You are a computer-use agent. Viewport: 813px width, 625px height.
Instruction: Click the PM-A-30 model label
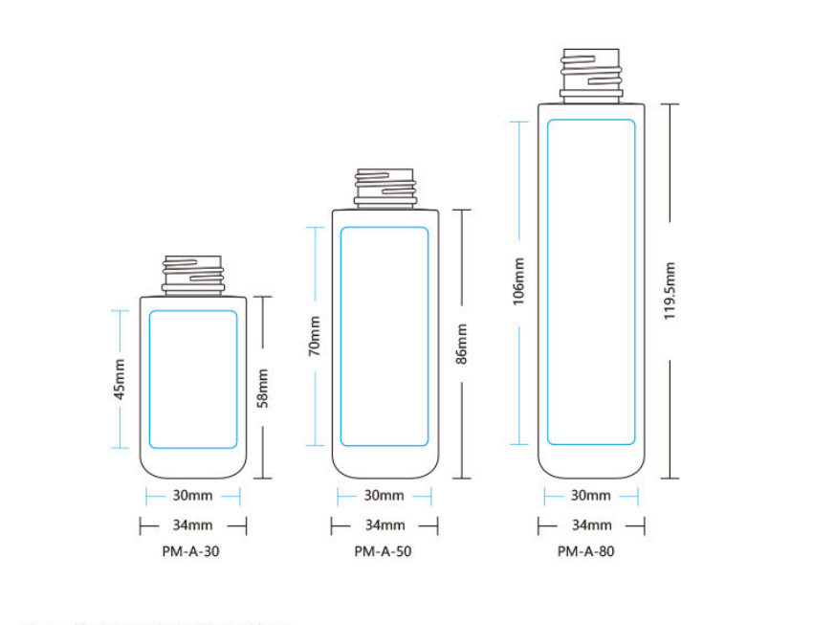coord(190,551)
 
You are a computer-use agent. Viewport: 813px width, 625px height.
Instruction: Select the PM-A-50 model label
coord(383,551)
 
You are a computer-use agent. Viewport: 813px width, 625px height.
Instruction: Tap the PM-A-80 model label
coord(586,551)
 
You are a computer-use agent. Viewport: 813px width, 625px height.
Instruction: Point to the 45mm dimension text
coord(120,379)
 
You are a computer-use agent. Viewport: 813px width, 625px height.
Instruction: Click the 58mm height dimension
coord(263,388)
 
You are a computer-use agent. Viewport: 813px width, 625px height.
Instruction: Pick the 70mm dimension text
coord(315,336)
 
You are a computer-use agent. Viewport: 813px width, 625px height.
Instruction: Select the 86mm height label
coord(461,344)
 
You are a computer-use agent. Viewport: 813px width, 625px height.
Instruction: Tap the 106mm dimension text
coord(518,281)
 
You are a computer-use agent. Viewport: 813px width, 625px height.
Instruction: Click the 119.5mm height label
coord(670,291)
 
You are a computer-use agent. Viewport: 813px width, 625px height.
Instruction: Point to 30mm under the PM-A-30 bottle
coord(192,496)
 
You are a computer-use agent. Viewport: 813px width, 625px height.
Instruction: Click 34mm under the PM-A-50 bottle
coord(385,525)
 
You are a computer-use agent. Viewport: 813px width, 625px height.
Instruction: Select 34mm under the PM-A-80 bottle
coord(592,525)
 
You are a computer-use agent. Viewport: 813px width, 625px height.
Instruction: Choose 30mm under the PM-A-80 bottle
coord(590,496)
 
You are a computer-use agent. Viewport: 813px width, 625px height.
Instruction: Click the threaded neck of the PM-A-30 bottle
coord(193,276)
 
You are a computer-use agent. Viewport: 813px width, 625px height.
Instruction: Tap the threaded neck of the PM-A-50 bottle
coord(385,189)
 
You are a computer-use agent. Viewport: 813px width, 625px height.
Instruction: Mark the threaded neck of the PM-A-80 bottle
coord(591,77)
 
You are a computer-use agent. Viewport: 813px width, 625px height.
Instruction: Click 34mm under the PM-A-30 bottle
coord(192,525)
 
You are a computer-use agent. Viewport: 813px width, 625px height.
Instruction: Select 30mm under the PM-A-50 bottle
coord(384,496)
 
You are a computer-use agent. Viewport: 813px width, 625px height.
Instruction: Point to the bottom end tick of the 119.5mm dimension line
coord(670,479)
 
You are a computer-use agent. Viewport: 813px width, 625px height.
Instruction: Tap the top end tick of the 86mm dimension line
coord(461,210)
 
